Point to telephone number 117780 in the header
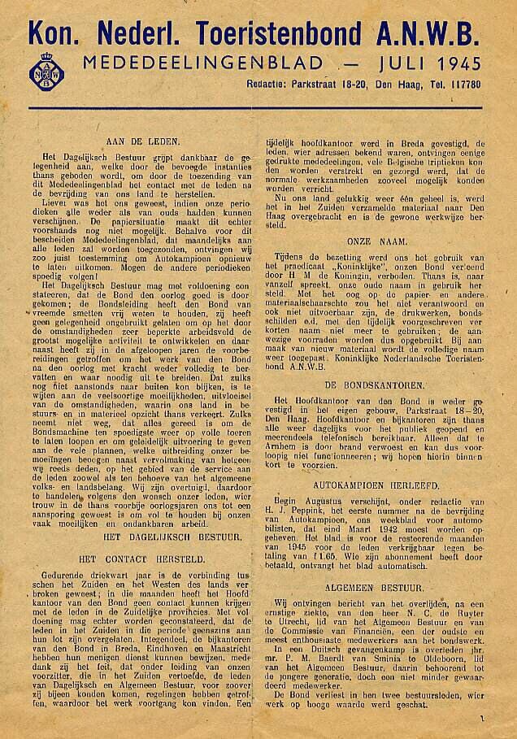463,85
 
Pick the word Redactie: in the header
271,85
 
